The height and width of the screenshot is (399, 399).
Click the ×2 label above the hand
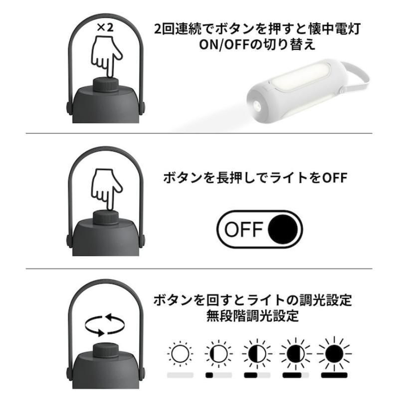[105, 27]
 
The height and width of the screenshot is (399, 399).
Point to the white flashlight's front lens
[257, 105]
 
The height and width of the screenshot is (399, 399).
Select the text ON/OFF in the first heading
[223, 45]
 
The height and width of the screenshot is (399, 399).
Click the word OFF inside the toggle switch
[243, 229]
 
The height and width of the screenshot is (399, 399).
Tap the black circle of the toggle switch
[283, 229]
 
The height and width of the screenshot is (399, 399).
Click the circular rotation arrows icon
[105, 325]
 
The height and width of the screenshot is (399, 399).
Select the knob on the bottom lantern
[106, 351]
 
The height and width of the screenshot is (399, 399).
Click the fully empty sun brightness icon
[180, 354]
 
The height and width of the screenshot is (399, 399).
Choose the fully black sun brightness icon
[334, 354]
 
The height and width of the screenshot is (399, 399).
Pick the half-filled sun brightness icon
[257, 354]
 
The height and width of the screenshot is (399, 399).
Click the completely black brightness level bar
[334, 375]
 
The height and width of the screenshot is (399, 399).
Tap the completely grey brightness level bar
[180, 375]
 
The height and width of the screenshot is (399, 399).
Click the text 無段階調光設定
[252, 316]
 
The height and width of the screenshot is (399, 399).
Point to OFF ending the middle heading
[335, 178]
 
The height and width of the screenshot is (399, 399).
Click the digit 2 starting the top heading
[158, 29]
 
